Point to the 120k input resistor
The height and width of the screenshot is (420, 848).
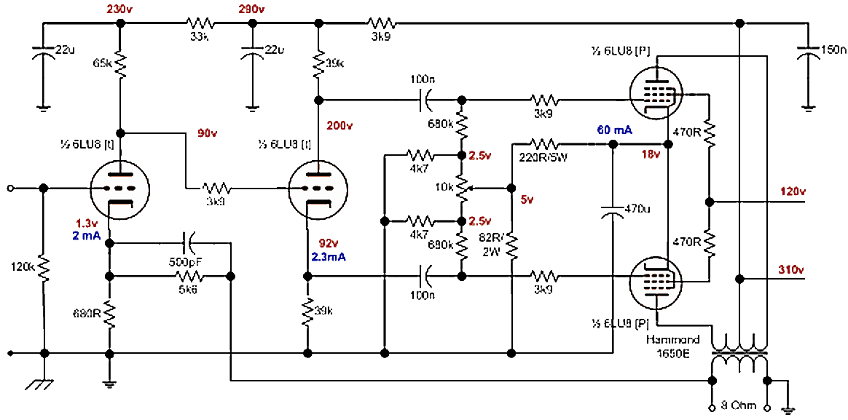point(44,268)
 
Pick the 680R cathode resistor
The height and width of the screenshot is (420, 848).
point(109,314)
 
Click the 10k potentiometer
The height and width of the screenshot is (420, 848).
point(460,188)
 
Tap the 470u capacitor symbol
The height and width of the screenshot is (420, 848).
point(613,211)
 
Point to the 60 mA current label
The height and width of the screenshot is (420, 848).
point(613,130)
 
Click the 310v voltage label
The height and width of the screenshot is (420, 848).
point(791,270)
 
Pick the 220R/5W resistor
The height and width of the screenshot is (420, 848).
point(546,143)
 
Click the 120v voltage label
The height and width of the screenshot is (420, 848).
point(791,192)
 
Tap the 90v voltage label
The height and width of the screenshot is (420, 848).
point(209,133)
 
